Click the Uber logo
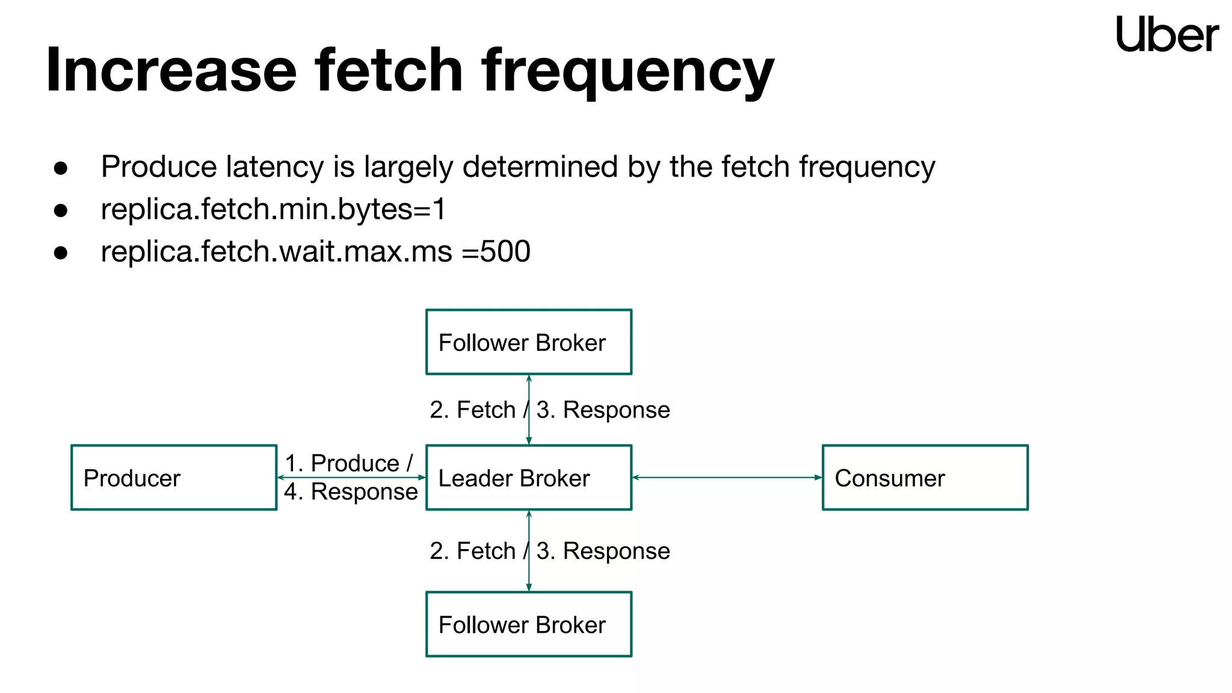(1166, 35)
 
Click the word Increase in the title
(171, 70)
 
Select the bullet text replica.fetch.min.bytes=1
(273, 209)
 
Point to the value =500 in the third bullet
(496, 251)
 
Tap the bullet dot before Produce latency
(60, 168)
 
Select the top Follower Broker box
(528, 342)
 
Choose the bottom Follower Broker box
(528, 624)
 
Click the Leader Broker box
(528, 478)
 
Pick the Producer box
(173, 478)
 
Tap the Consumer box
(925, 478)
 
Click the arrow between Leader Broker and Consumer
(727, 478)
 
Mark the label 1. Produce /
(348, 463)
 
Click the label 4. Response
(351, 492)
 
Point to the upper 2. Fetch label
(472, 410)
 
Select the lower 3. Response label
(603, 551)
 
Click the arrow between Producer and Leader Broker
(351, 478)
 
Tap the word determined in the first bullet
(540, 167)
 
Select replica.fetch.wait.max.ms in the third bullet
(276, 251)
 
